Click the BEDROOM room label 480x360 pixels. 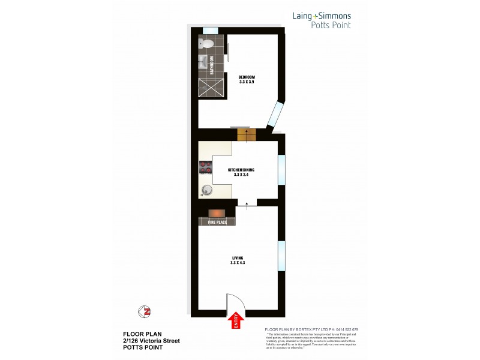pos(247,77)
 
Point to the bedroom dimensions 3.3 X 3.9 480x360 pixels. pos(247,82)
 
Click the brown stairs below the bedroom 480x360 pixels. pos(247,135)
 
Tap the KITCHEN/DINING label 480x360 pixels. pos(241,170)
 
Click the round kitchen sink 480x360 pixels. pos(206,190)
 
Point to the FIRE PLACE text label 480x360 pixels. pos(217,223)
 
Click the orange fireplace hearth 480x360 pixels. pos(217,213)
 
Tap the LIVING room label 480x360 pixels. pos(237,258)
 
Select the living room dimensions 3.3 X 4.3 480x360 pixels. pos(238,263)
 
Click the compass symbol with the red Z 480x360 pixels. pos(144,311)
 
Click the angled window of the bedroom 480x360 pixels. pos(277,116)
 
